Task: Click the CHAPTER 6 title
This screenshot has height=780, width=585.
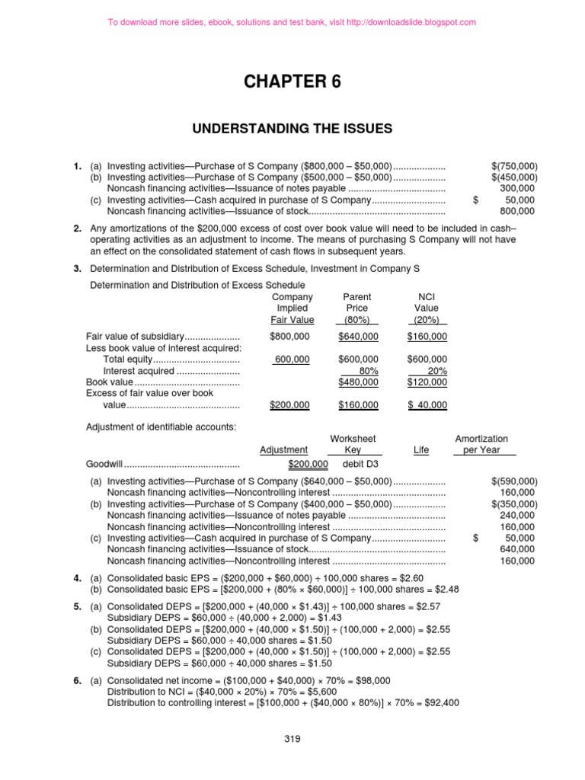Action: tap(292, 82)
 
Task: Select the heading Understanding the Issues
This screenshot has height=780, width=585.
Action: tap(292, 129)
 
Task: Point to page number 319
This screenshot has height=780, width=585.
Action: tap(292, 738)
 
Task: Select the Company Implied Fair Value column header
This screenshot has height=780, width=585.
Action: tap(292, 308)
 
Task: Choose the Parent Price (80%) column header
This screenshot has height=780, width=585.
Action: tap(357, 308)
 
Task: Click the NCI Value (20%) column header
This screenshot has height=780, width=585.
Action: tap(427, 308)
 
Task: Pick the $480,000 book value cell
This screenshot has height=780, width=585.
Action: tap(358, 382)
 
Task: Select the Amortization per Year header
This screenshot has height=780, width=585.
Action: tap(481, 444)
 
